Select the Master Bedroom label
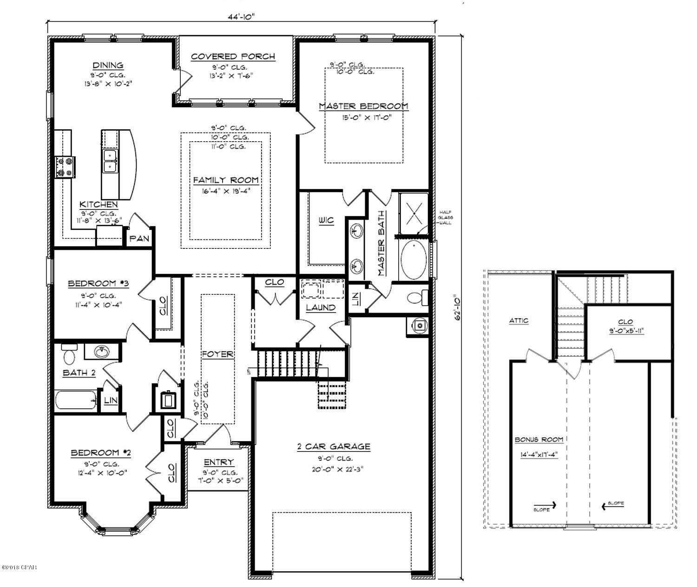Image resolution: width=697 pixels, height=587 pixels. [363, 106]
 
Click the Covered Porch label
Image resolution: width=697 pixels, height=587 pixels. [233, 57]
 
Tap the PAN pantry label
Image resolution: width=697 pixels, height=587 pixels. [139, 239]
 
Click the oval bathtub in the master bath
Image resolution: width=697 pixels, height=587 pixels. [413, 260]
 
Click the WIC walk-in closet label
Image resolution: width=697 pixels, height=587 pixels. [326, 220]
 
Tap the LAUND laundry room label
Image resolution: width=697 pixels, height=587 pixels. [321, 307]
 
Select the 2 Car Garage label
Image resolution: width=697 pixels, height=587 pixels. [334, 447]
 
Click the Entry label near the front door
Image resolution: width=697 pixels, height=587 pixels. [219, 463]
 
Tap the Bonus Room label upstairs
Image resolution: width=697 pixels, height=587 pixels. [539, 439]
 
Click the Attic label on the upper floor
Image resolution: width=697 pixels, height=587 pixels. [519, 320]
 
